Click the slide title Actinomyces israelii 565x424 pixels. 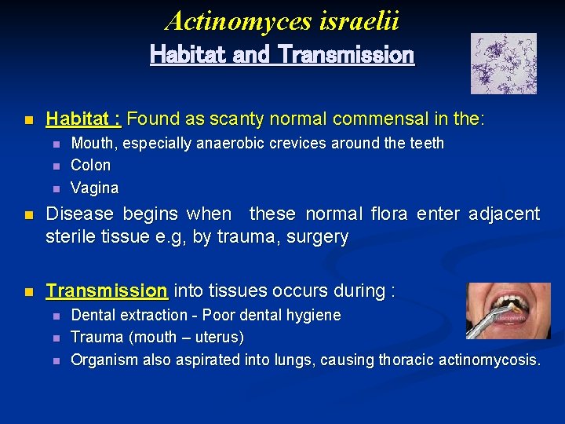pos(282,21)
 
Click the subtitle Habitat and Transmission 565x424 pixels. pos(282,55)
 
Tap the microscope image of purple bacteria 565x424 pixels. pos(503,64)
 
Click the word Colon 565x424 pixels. pos(91,166)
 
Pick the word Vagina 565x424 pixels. pos(95,188)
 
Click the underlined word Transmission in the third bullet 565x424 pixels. pos(107,291)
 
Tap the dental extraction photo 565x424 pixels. pos(508,311)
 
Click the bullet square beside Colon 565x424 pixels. pos(55,166)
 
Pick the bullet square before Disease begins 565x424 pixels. pos(29,214)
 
